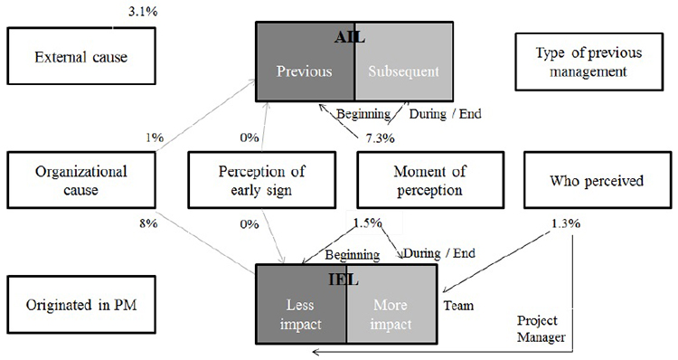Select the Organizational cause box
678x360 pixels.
80,179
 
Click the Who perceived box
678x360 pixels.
597,179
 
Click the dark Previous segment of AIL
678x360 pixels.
306,71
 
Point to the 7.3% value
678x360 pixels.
380,137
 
